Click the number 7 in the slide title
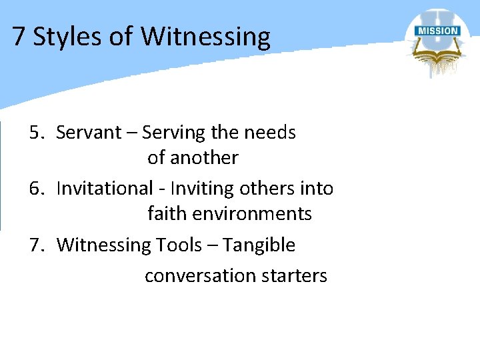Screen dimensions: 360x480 (x=19, y=37)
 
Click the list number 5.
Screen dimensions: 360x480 (x=36, y=133)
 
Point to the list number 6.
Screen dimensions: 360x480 (x=36, y=189)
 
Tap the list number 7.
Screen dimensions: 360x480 (x=36, y=245)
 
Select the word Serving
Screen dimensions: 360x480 (x=173, y=133)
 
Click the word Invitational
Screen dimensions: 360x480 (x=105, y=189)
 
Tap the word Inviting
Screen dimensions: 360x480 (x=200, y=189)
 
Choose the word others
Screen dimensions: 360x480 (x=267, y=189)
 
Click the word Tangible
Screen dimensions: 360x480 (x=259, y=245)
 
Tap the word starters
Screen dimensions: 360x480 (x=293, y=275)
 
